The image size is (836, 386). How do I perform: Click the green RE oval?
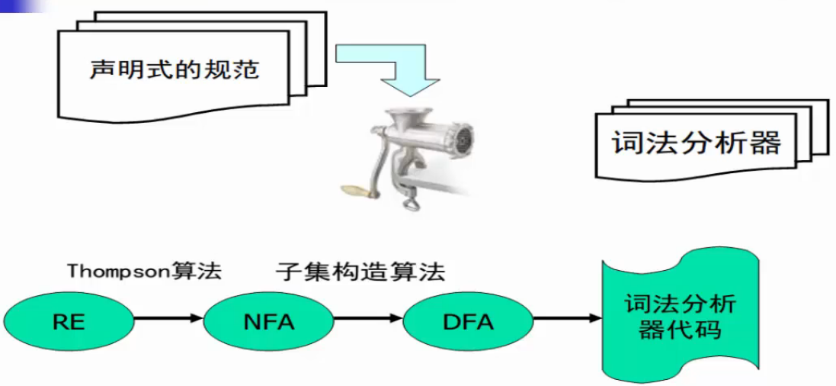pyautogui.click(x=69, y=320)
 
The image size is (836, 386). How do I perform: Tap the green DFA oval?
pyautogui.click(x=467, y=320)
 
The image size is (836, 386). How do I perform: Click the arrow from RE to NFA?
pyautogui.click(x=168, y=318)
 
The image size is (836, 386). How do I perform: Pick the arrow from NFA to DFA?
pyautogui.click(x=366, y=318)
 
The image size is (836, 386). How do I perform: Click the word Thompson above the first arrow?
pyautogui.click(x=117, y=272)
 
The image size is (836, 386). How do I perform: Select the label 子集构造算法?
pyautogui.click(x=360, y=272)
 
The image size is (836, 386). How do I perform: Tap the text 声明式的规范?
pyautogui.click(x=175, y=70)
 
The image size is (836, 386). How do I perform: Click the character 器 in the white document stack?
pyautogui.click(x=764, y=143)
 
